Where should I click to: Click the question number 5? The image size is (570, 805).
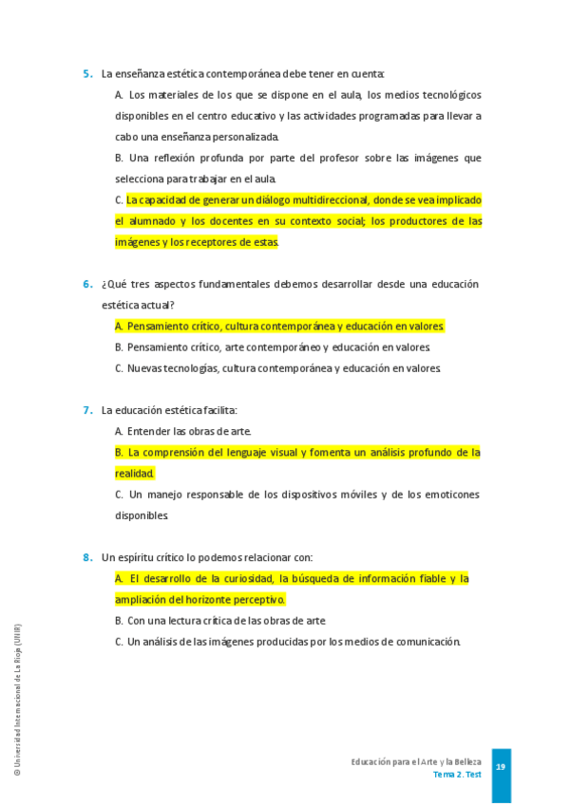tap(86, 73)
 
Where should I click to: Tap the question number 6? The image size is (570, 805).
tap(86, 284)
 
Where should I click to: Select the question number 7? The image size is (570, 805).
tap(86, 410)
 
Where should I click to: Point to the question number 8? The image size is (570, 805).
tap(86, 557)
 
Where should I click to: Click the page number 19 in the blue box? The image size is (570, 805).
tap(501, 767)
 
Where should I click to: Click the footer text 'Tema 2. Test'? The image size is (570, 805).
tap(457, 775)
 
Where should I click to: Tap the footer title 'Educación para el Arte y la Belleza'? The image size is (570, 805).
tap(416, 762)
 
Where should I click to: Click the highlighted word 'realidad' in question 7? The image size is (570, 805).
tap(134, 473)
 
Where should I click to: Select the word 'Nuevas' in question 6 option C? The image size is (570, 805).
tap(145, 368)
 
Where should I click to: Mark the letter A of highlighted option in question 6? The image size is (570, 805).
tap(119, 326)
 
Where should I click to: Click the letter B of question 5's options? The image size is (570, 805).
tap(119, 158)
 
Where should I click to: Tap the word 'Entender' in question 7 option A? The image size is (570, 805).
tap(148, 431)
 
